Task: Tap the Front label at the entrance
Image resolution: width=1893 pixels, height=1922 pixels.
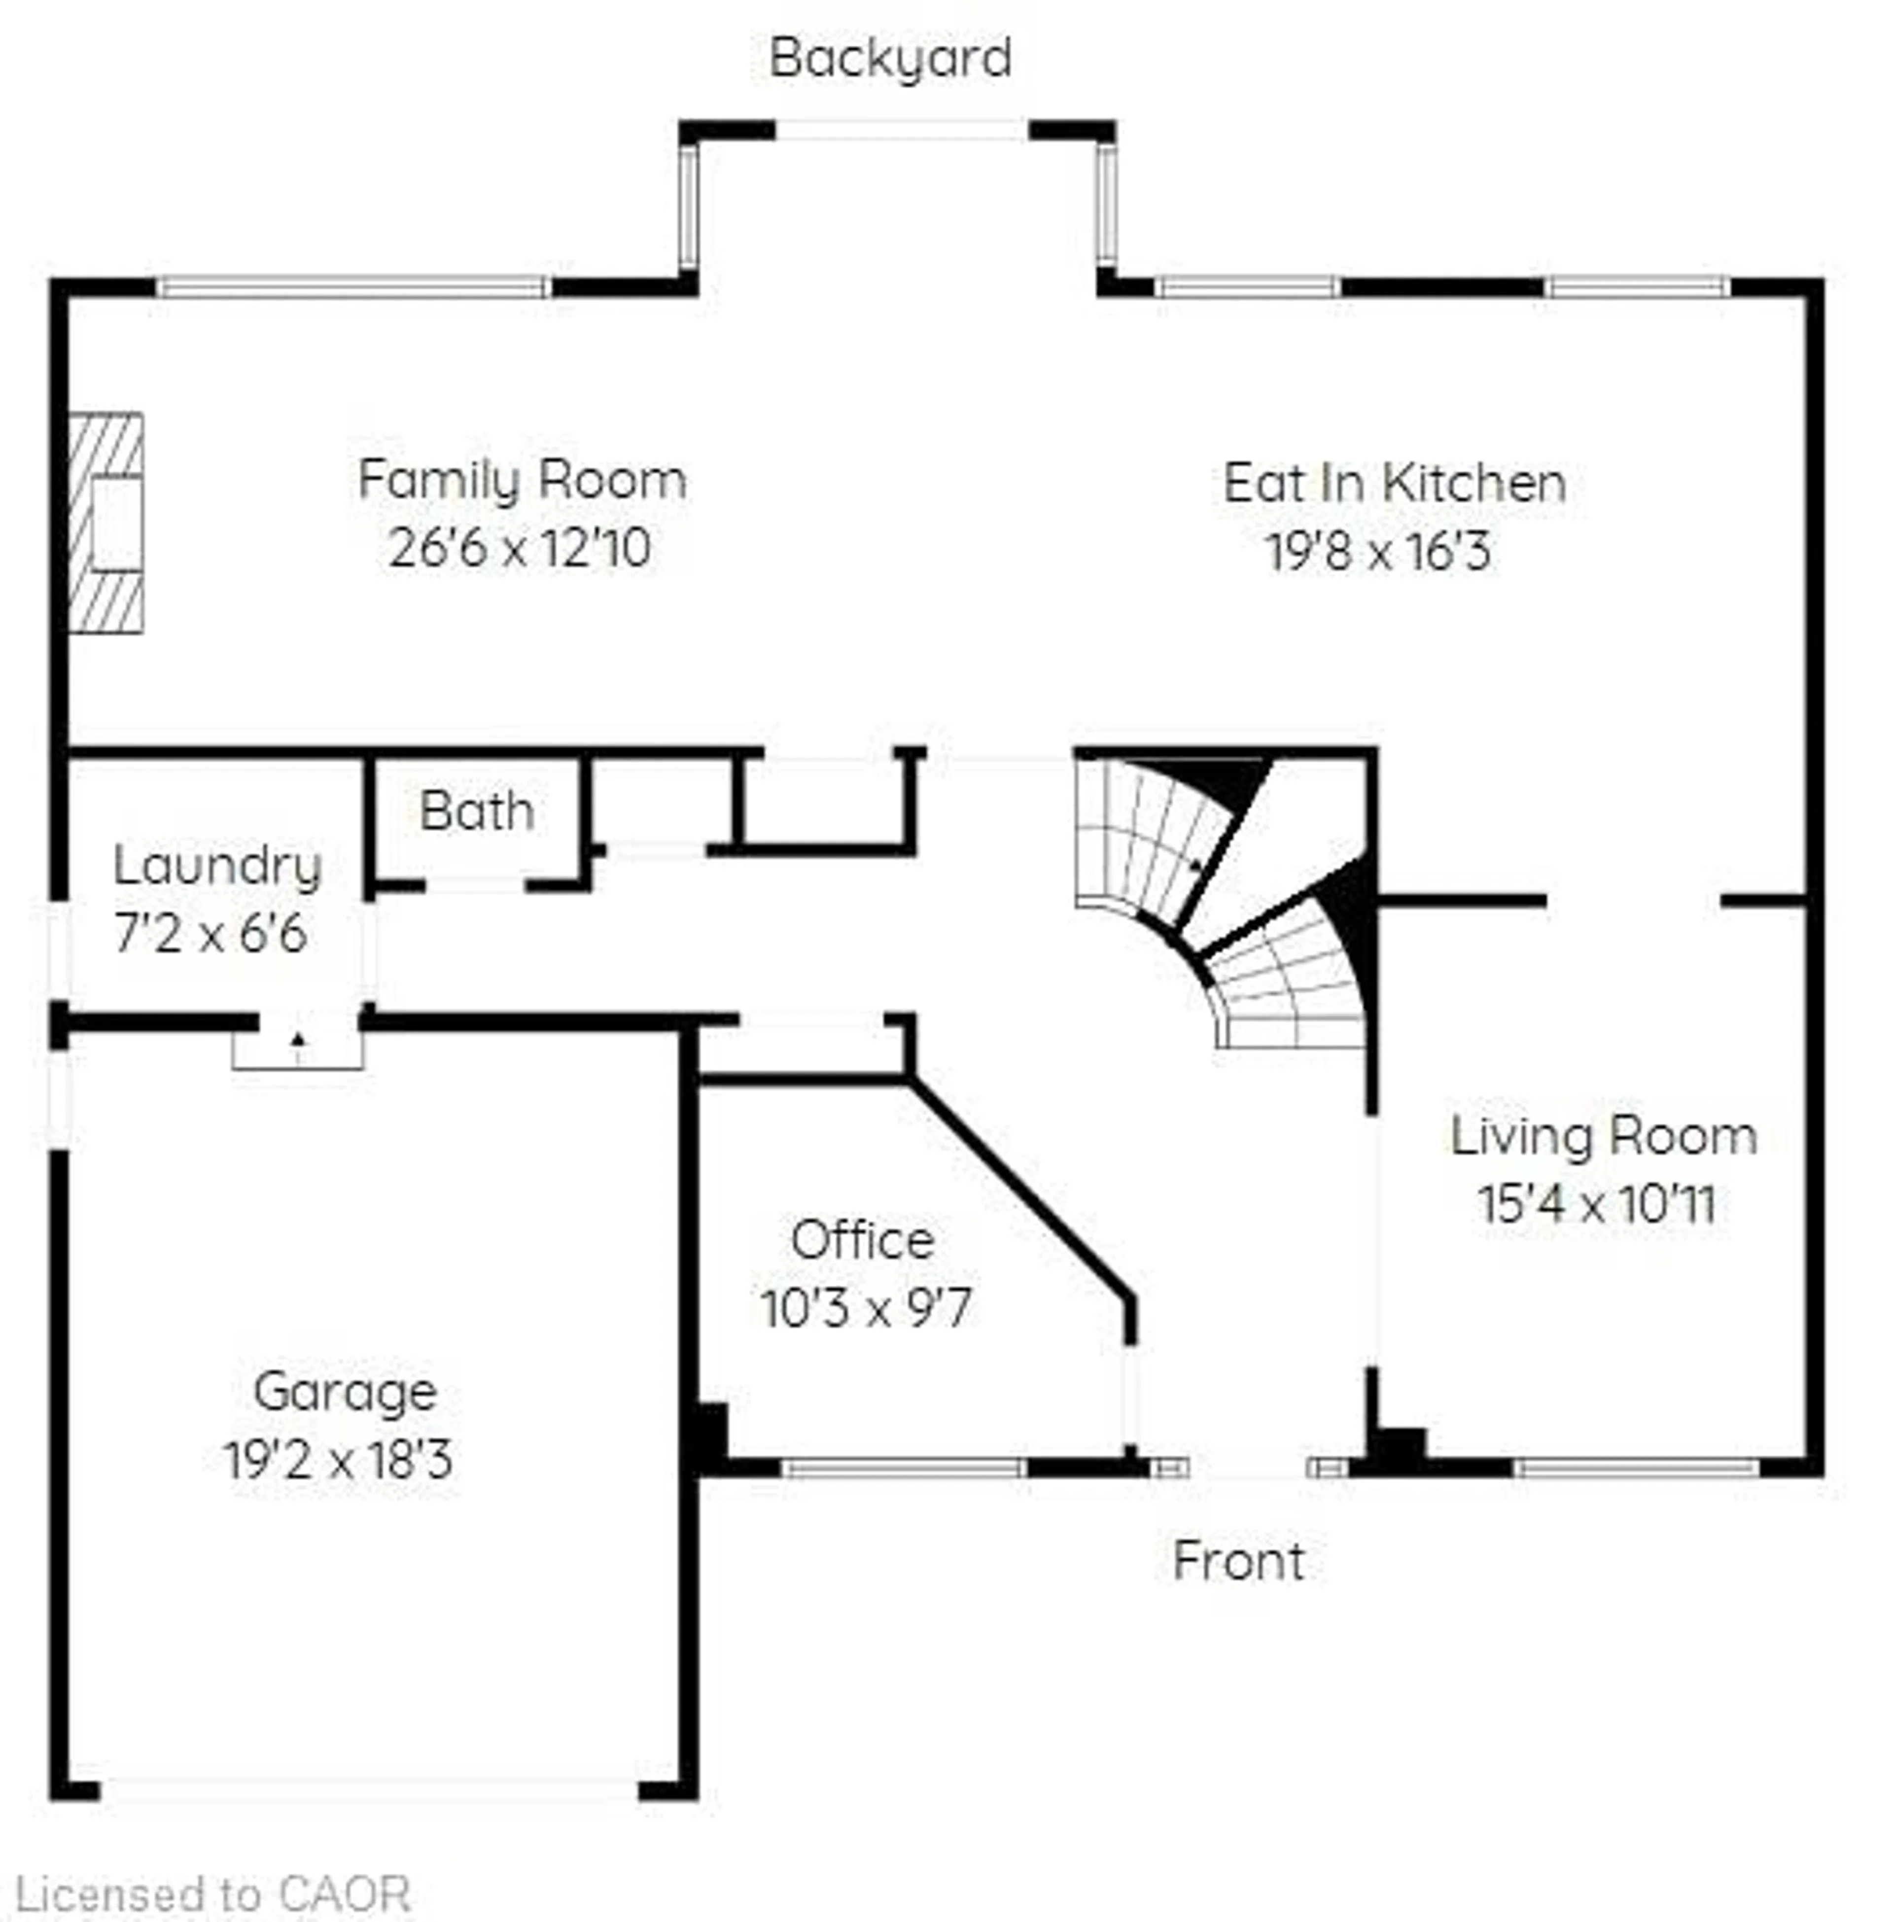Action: (x=1238, y=1561)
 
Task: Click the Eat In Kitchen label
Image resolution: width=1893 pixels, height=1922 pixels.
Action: (x=1394, y=483)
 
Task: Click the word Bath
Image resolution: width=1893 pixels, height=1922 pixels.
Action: (x=476, y=811)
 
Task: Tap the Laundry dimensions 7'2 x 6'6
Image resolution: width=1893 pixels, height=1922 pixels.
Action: (x=211, y=934)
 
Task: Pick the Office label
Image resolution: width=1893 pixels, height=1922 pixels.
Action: (x=862, y=1240)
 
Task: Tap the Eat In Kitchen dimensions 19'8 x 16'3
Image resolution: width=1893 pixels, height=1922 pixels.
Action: (x=1378, y=551)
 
